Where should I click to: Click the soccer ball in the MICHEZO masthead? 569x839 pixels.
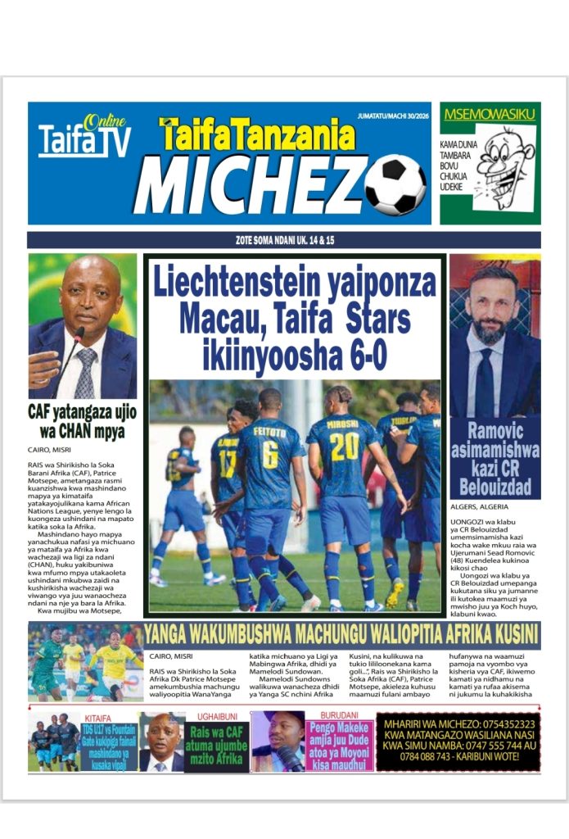[395, 185]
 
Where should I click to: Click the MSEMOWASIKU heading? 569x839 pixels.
[489, 114]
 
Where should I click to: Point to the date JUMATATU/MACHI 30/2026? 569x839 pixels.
[393, 116]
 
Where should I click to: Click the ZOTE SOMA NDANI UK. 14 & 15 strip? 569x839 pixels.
[283, 240]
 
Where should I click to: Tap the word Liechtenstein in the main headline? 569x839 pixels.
[242, 284]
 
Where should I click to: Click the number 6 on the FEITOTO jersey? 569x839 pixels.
[269, 455]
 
